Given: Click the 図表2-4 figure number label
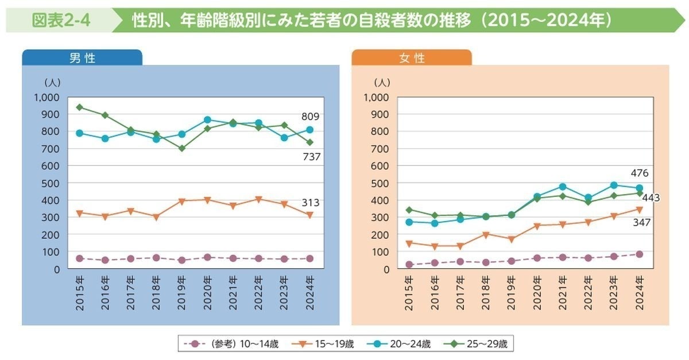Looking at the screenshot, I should tap(60, 21).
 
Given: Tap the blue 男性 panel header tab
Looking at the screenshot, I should tap(82, 58).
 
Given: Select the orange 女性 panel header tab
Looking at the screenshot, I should tap(412, 58).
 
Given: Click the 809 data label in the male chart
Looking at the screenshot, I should tap(310, 117).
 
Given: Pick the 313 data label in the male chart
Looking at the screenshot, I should tap(310, 202).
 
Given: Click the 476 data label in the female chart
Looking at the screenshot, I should tap(639, 173).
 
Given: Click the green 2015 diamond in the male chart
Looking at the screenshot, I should tap(80, 107).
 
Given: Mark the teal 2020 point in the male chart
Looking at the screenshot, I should tap(207, 120).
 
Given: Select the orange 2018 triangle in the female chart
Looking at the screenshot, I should tap(485, 234).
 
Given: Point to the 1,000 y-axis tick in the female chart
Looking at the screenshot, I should tap(377, 97).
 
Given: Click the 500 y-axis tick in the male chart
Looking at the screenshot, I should tap(52, 183).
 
